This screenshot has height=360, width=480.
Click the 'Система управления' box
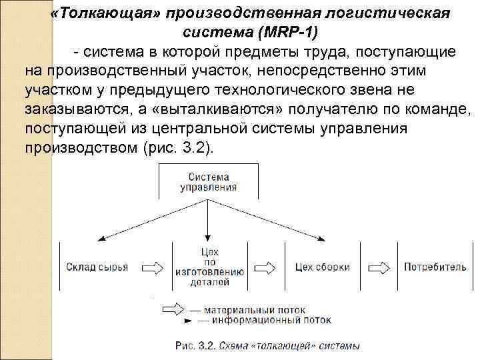coord(208,182)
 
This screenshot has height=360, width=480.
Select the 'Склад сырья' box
coord(97,267)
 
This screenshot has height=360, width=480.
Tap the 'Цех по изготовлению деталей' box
coord(209,267)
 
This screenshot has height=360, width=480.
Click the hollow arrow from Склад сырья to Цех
coord(152,267)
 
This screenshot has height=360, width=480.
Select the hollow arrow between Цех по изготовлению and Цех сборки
coord(266,267)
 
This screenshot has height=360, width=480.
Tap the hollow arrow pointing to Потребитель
coord(380,267)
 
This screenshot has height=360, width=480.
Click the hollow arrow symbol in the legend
coord(173,310)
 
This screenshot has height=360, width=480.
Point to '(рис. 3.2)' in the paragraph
coord(180,147)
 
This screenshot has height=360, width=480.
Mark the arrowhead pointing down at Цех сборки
coord(323,238)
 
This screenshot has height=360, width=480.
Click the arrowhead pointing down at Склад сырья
coord(99,238)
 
